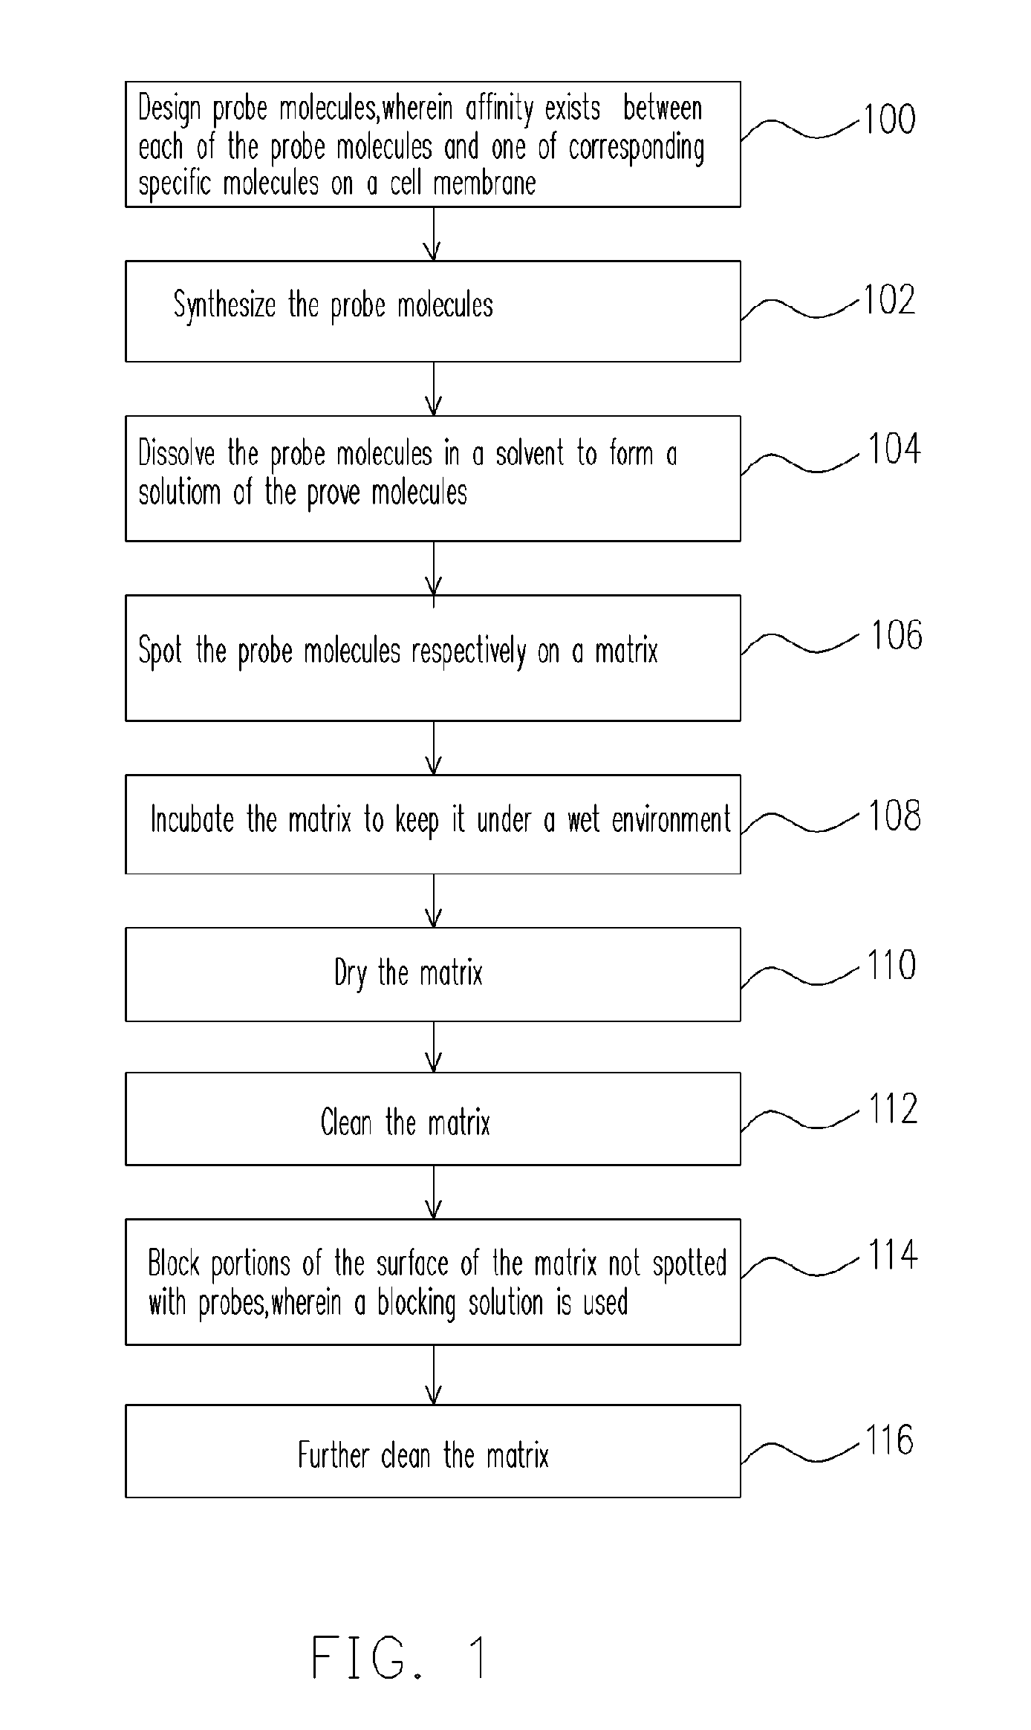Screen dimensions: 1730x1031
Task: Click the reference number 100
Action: [889, 120]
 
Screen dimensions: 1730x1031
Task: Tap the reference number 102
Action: [889, 300]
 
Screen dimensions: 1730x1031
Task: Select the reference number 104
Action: [894, 449]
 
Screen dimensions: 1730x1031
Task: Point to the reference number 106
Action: [896, 636]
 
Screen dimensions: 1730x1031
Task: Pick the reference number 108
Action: [894, 816]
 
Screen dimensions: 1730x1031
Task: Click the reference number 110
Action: [891, 966]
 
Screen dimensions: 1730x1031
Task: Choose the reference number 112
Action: [893, 1109]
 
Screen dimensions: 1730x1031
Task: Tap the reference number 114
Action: [893, 1255]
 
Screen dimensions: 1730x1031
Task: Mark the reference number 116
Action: [889, 1440]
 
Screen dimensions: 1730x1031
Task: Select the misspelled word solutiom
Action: [179, 492]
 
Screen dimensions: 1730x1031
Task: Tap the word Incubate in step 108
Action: [192, 820]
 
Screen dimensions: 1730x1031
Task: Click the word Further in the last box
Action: [333, 1454]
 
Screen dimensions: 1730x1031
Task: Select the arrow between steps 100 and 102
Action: [434, 233]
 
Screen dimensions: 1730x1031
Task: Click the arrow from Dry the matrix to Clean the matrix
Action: [434, 1047]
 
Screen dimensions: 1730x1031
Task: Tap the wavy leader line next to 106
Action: [801, 643]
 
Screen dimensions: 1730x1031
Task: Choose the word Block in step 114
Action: [174, 1264]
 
